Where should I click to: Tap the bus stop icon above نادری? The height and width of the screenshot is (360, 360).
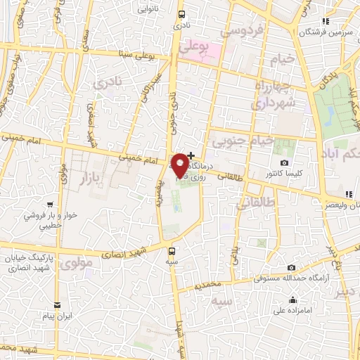coord(182,14)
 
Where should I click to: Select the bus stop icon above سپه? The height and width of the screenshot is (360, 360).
coord(172,250)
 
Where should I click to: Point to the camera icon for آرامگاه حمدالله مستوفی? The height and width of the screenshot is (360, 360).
coord(292,268)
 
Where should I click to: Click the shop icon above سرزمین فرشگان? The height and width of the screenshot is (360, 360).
coord(325,22)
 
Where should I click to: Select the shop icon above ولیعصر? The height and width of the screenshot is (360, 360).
coord(348,195)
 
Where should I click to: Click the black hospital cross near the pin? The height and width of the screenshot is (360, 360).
coord(191,155)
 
